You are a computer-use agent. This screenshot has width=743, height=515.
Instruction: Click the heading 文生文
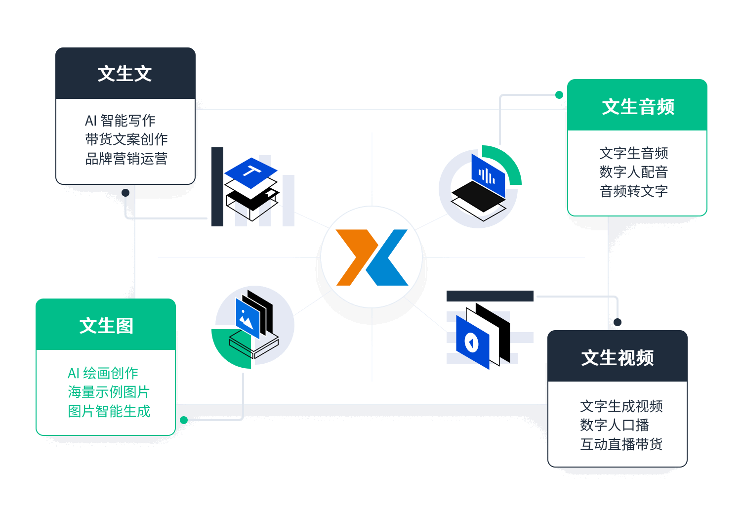point(125,74)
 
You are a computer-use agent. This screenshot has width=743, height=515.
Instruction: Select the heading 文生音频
point(638,106)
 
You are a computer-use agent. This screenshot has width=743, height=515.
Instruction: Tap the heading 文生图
point(106,326)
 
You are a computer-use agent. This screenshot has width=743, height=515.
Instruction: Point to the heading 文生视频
point(617,357)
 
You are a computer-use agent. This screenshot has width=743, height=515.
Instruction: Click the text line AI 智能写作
point(120,120)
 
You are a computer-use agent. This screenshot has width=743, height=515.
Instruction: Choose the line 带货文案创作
point(126,139)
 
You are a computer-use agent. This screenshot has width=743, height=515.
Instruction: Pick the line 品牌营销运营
point(126,159)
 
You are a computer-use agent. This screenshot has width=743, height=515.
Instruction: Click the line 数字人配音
point(633,172)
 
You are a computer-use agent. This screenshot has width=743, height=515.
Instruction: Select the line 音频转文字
point(633,191)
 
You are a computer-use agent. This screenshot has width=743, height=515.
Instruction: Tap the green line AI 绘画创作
point(103,373)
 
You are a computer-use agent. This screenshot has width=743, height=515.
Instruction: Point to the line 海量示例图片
point(109,392)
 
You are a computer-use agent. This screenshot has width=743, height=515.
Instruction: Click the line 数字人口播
point(614,425)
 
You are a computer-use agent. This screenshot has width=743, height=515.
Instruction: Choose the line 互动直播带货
point(621,444)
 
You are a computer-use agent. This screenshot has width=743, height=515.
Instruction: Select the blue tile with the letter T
point(251,172)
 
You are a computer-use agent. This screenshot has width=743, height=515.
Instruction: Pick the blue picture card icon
point(247,318)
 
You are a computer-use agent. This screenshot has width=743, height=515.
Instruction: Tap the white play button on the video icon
point(472,342)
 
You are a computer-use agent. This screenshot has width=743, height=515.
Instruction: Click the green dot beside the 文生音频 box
point(559,95)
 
